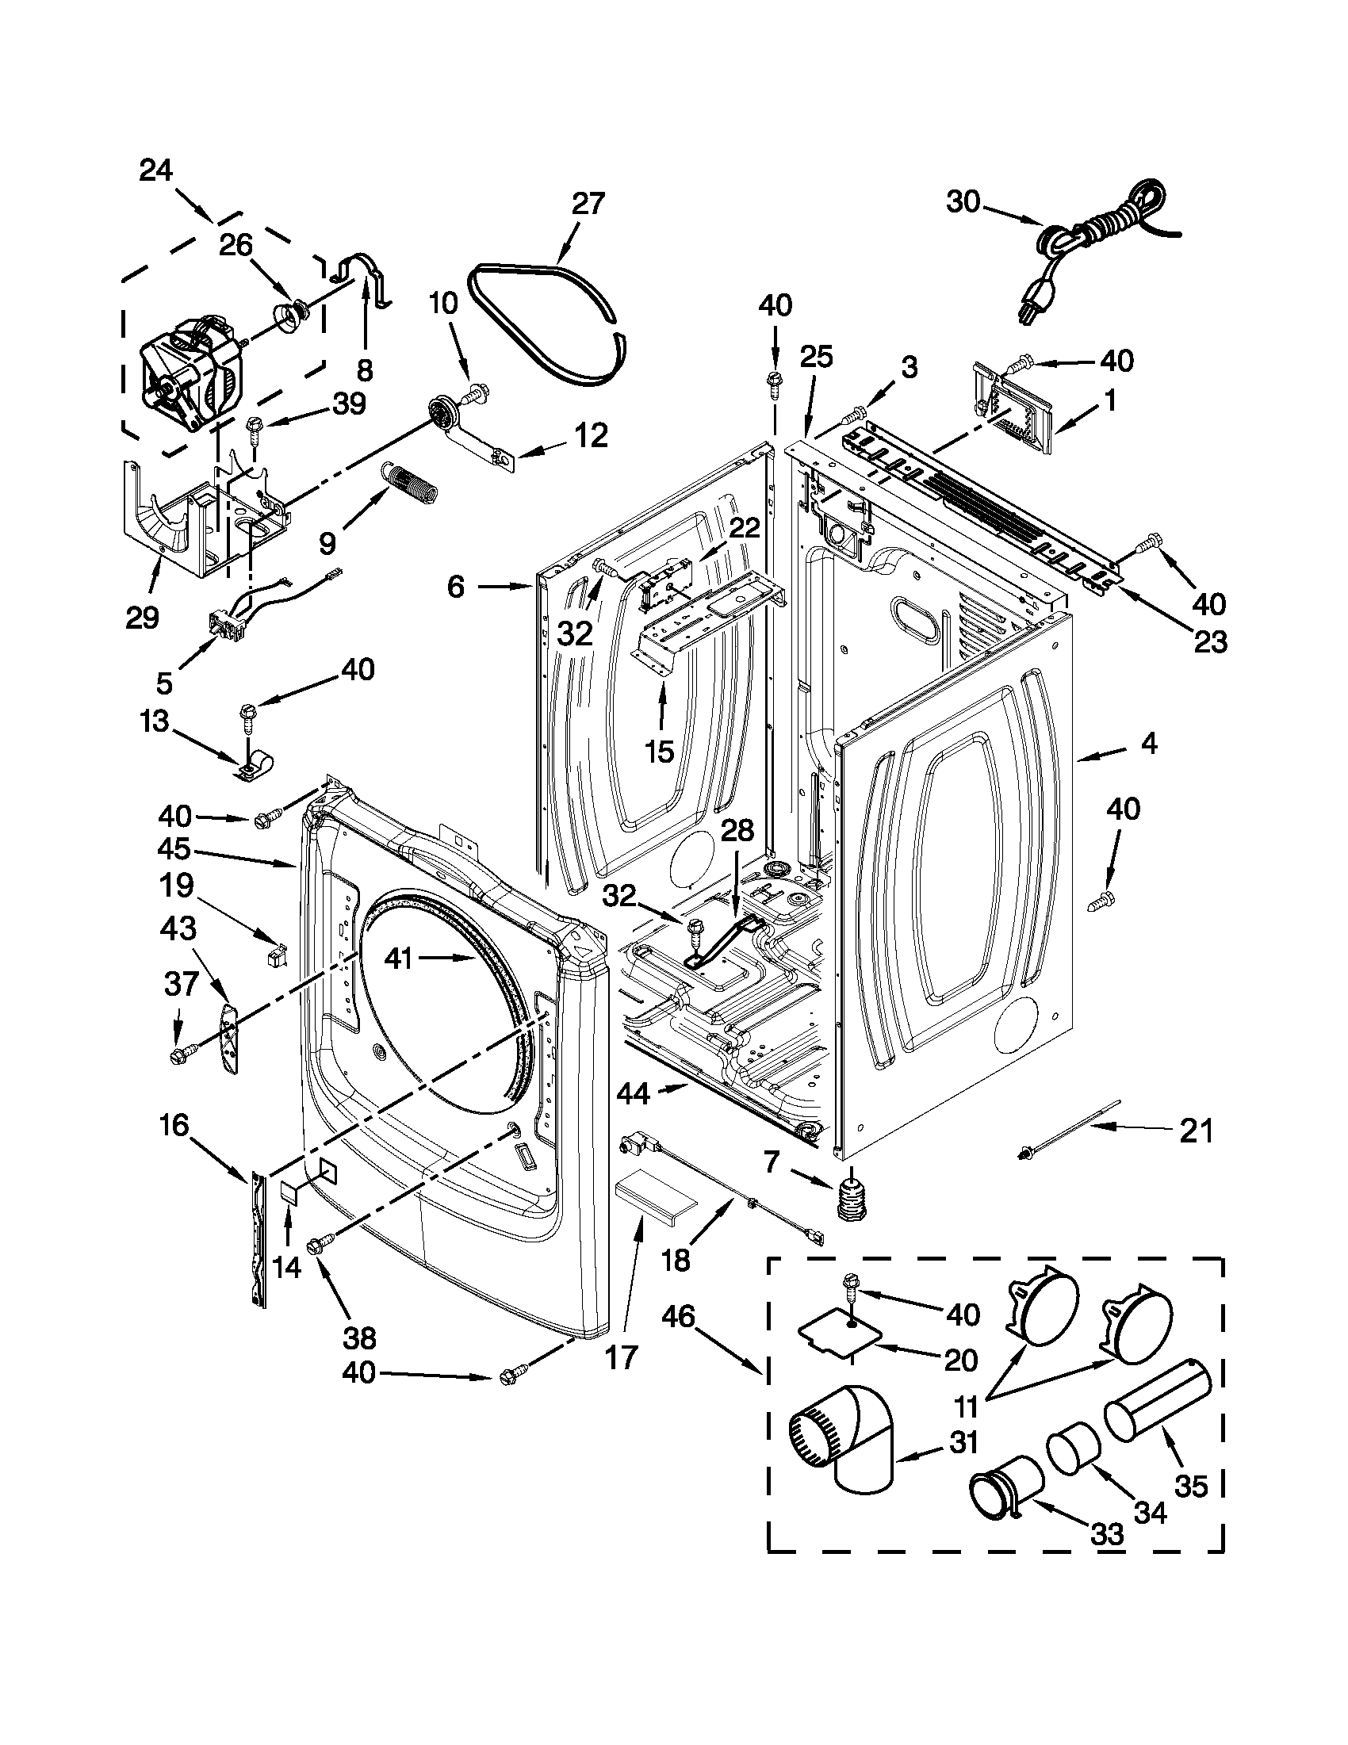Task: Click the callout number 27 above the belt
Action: (588, 204)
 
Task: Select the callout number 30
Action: (963, 203)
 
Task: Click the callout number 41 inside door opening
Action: (398, 958)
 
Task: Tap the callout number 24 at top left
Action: (156, 170)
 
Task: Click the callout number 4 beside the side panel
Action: (1148, 744)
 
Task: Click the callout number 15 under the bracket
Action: (661, 750)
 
